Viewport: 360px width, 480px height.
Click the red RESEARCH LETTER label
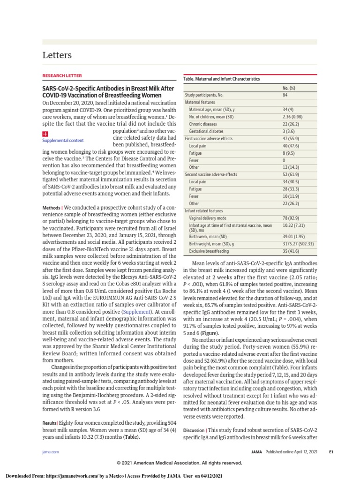(x=62, y=75)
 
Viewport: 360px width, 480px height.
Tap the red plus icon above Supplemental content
(x=45, y=133)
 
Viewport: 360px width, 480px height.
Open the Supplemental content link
(x=63, y=140)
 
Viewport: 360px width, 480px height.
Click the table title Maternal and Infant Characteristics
(x=221, y=79)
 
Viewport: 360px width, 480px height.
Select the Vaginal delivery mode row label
(x=208, y=218)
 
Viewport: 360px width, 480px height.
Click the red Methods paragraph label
(x=51, y=207)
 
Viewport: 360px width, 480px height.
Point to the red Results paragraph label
(x=50, y=423)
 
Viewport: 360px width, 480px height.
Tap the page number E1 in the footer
(x=330, y=452)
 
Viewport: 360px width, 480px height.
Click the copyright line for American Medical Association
(x=180, y=463)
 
